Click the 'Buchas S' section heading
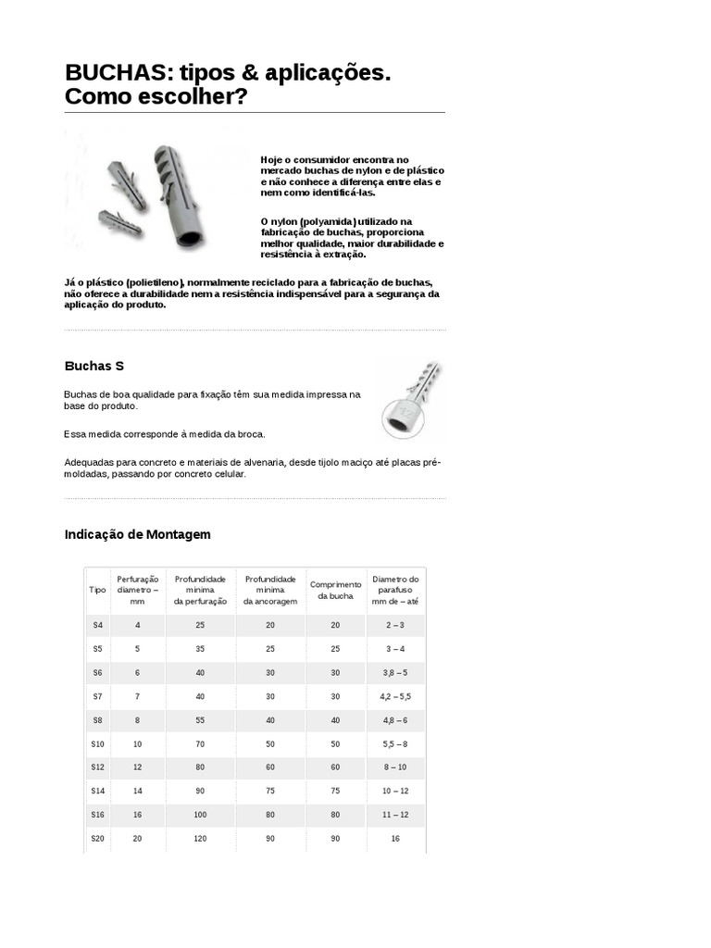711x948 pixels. tap(94, 366)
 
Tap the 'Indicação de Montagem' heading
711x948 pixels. tap(138, 534)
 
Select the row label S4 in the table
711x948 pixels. tap(98, 625)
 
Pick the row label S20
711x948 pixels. tap(98, 838)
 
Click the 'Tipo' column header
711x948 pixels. tap(97, 589)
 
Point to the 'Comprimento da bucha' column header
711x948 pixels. tap(335, 590)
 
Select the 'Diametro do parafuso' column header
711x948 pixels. tap(395, 590)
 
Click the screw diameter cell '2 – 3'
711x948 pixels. tap(395, 625)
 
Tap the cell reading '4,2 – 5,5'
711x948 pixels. tap(395, 696)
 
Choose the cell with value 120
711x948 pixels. tap(200, 838)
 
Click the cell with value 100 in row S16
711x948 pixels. tap(200, 814)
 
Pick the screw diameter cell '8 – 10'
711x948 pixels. tap(395, 767)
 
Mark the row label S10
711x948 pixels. tap(98, 743)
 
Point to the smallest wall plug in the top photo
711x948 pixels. tap(119, 222)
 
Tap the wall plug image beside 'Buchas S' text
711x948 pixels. tap(408, 400)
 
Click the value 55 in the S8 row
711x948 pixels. tap(200, 719)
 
